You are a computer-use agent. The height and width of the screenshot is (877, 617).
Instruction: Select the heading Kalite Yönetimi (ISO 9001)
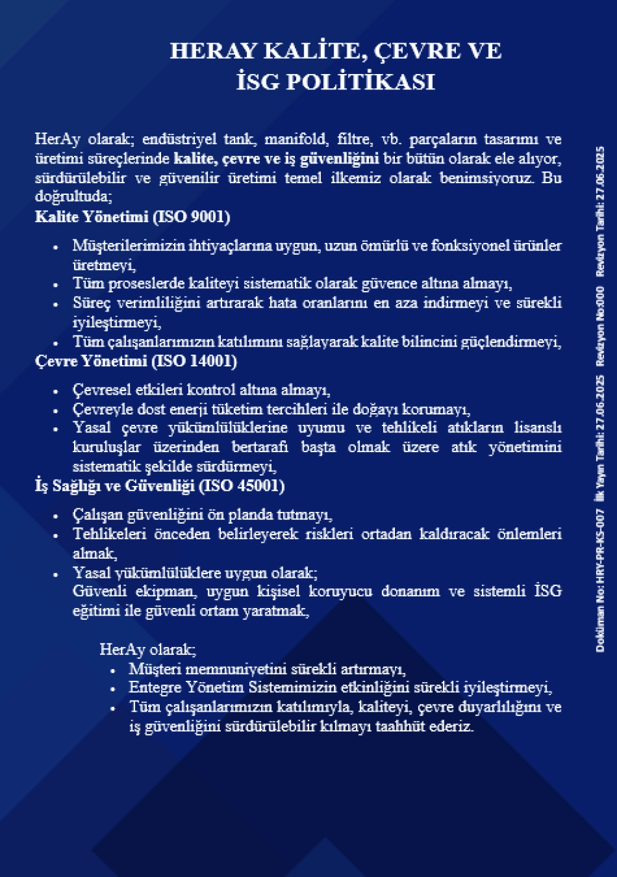133,217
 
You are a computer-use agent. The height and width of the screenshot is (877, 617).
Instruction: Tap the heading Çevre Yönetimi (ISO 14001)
136,361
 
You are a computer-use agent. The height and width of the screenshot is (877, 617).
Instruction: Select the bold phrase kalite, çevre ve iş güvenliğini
276,159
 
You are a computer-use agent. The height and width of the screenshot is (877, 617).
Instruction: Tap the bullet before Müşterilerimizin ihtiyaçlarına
56,247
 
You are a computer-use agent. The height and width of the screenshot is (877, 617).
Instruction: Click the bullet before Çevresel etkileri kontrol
56,391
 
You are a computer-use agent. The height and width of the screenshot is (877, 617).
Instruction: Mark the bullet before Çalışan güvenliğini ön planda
56,516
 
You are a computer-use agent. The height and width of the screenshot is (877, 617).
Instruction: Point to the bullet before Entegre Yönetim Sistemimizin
113,689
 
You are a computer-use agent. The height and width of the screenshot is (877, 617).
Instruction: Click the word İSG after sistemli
548,591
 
